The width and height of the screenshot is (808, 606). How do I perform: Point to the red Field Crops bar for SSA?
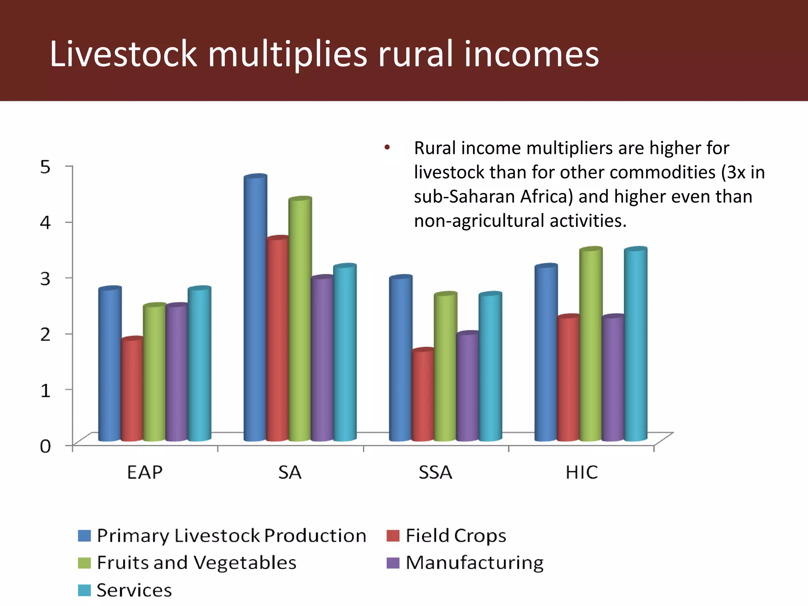(423, 395)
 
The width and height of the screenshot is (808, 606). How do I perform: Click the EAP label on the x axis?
(144, 472)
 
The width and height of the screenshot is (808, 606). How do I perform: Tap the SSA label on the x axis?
(435, 472)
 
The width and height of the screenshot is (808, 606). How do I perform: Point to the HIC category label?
(582, 472)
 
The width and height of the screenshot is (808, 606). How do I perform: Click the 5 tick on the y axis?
(45, 167)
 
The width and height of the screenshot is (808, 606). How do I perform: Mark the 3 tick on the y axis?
(45, 279)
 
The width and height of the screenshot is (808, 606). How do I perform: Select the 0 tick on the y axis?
(45, 446)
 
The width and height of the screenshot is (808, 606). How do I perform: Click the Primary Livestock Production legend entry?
(231, 536)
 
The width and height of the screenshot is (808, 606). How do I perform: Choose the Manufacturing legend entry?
(474, 563)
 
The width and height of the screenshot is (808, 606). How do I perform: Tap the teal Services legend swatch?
(84, 590)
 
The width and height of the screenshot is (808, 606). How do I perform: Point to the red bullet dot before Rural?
(387, 148)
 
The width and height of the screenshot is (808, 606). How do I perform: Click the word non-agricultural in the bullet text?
(479, 221)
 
